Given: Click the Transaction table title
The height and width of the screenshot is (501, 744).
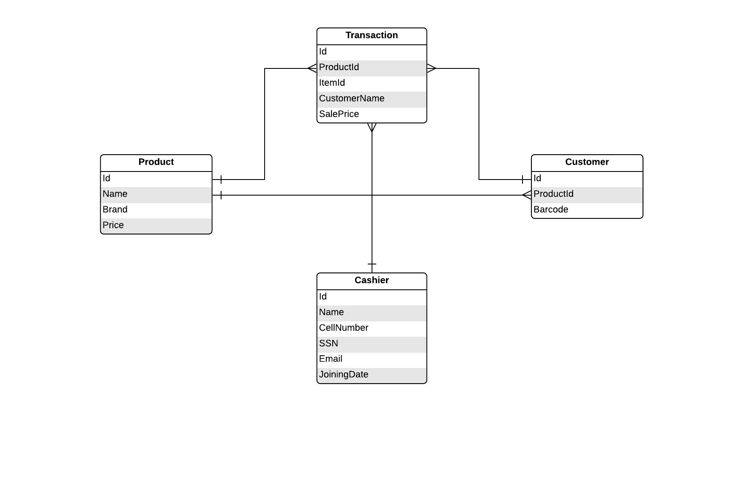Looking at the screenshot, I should [372, 35].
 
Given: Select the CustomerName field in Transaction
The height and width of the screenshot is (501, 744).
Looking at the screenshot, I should [352, 99].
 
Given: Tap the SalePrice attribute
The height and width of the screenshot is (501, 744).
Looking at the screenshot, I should [339, 114].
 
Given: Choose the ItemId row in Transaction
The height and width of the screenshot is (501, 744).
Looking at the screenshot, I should [332, 83].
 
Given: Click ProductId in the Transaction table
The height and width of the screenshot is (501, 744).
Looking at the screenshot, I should [339, 68].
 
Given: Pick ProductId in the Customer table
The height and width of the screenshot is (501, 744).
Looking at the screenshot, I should [553, 194].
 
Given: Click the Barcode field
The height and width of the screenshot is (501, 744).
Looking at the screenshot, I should [551, 210].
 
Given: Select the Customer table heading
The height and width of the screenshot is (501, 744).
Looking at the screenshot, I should [587, 162].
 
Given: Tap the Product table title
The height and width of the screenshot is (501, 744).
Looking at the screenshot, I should [156, 162].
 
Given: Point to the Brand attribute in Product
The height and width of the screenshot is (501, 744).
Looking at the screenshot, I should [115, 210].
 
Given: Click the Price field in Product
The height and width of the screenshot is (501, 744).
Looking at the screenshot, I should [113, 226].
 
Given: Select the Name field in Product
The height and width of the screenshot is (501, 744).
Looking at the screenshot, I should [115, 194].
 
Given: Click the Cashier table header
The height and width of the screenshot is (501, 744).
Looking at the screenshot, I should [372, 280].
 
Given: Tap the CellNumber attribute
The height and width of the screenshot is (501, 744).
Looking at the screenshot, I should [344, 328].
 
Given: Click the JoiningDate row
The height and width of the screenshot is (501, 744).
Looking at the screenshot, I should [344, 375].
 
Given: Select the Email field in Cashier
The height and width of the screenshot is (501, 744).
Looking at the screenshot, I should [331, 359].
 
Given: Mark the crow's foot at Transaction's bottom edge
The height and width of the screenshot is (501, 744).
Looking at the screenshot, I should [372, 127].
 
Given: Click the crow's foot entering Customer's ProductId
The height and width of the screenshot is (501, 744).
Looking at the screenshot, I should [527, 195].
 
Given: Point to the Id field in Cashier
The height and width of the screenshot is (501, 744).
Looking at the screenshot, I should [323, 297].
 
